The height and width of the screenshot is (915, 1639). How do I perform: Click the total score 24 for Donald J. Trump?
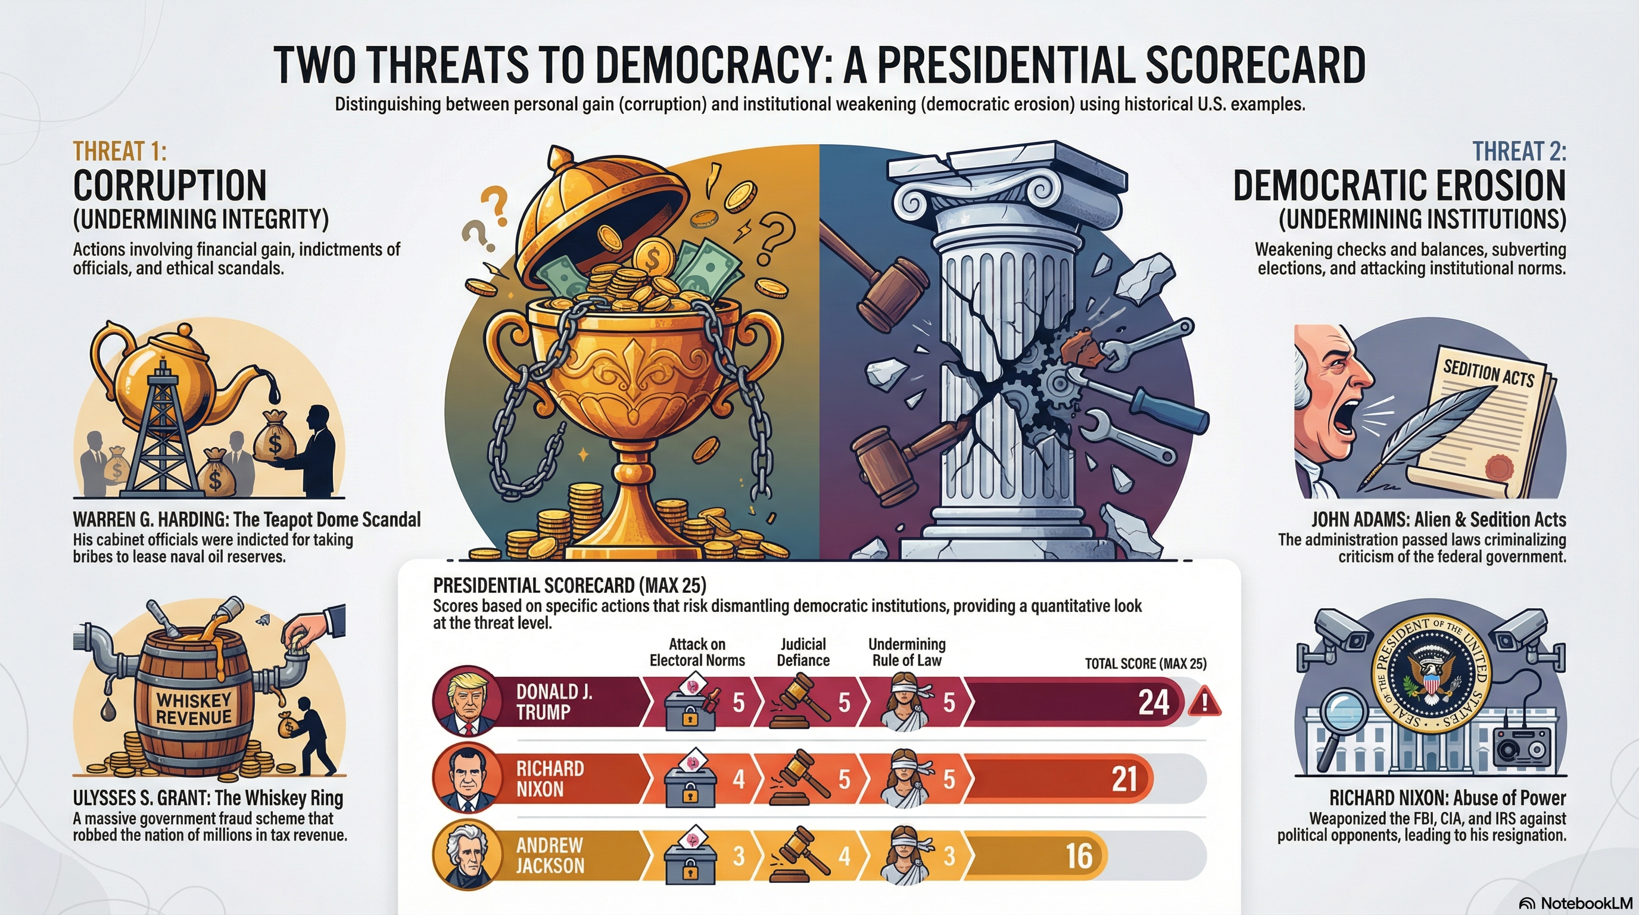click(1154, 702)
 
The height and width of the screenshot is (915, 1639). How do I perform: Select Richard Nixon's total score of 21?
click(1124, 779)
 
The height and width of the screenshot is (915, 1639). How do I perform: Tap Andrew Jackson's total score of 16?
click(1079, 856)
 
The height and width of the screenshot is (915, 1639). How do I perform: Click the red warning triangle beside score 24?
click(1204, 703)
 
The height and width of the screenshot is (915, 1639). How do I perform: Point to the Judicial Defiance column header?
click(803, 652)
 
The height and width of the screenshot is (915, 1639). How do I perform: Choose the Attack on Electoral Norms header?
click(697, 652)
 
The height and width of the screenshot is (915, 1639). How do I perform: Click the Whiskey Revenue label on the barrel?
click(194, 709)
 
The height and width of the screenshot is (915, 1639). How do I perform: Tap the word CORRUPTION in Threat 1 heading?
click(170, 186)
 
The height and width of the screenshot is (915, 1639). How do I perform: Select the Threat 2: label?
click(1519, 151)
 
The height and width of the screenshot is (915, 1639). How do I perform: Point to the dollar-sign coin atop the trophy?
click(653, 259)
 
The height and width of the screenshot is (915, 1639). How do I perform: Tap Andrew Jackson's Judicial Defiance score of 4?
click(844, 856)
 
